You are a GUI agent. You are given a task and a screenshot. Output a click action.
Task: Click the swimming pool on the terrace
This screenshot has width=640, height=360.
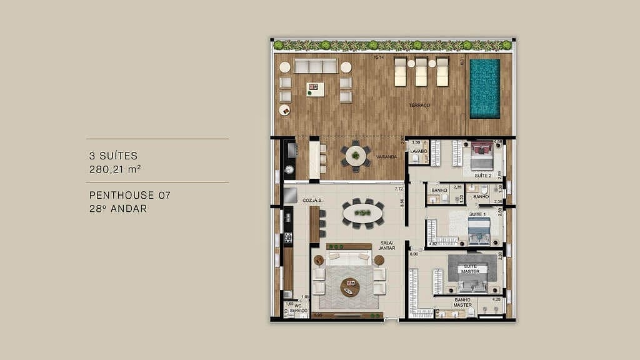pyautogui.click(x=484, y=88)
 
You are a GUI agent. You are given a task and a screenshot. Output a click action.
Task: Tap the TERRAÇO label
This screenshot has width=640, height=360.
pyautogui.click(x=419, y=106)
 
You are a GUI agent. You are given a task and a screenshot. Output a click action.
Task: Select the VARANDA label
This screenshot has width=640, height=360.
pyautogui.click(x=387, y=157)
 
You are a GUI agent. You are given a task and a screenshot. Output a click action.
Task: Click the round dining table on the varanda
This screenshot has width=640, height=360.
pyautogui.click(x=356, y=156)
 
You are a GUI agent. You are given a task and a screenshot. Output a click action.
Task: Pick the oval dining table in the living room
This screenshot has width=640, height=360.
pyautogui.click(x=363, y=212)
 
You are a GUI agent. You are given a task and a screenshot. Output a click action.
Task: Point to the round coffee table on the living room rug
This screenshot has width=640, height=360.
pyautogui.click(x=350, y=287)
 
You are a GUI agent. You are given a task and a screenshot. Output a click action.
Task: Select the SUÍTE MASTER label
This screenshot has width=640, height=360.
pyautogui.click(x=471, y=269)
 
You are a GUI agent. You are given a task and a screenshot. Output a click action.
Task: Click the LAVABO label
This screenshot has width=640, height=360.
pyautogui.click(x=418, y=151)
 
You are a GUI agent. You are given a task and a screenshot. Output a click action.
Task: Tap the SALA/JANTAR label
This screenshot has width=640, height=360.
pyautogui.click(x=386, y=246)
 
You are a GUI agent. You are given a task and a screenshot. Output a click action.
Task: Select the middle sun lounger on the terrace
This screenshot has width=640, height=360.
pyautogui.click(x=422, y=72)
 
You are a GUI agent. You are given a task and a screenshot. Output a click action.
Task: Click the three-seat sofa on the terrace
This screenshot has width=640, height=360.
pyautogui.click(x=316, y=66)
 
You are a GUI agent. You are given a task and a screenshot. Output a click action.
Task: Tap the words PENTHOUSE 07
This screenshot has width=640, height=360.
pyautogui.click(x=129, y=196)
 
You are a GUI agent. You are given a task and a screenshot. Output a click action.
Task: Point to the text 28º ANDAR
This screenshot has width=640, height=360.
pyautogui.click(x=118, y=209)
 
